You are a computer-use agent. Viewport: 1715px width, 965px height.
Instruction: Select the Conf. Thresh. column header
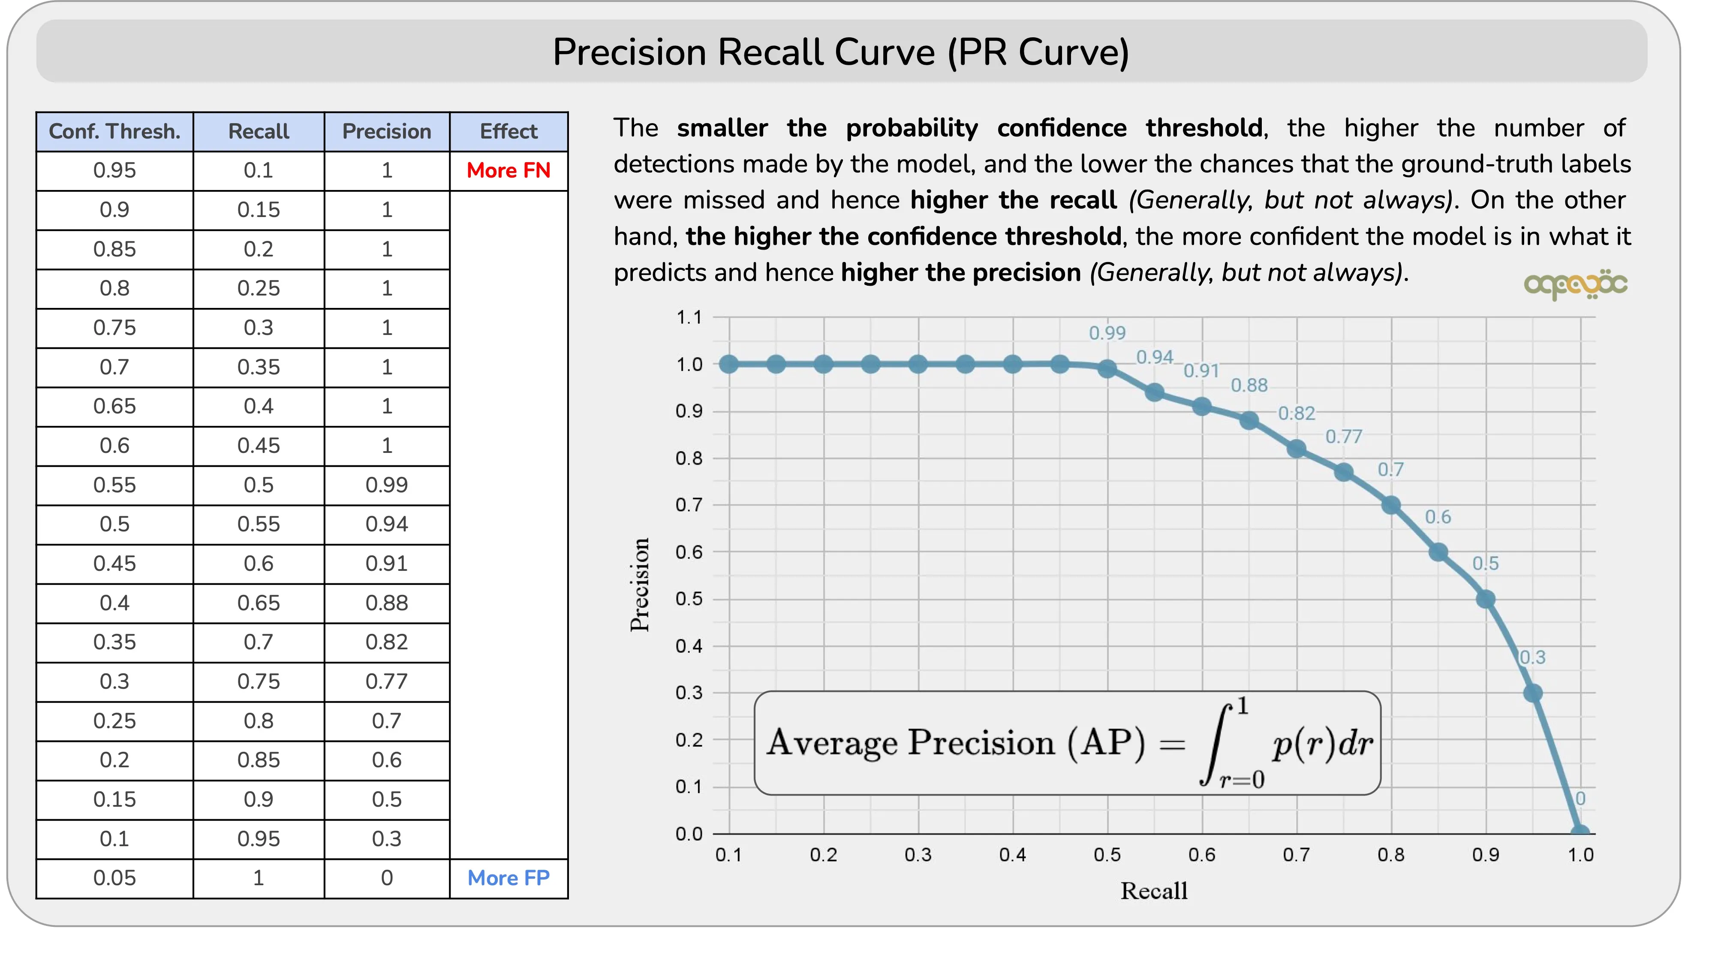[114, 131]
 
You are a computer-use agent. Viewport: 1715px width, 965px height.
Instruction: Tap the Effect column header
[508, 131]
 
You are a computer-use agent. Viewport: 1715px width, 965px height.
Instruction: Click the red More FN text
[508, 171]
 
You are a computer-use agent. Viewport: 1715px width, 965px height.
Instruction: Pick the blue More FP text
[508, 878]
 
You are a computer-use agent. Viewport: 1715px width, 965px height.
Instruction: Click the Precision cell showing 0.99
[386, 485]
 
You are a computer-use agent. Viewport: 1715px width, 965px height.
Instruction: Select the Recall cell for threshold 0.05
[258, 878]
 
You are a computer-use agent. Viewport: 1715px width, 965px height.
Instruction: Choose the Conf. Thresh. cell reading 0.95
[114, 171]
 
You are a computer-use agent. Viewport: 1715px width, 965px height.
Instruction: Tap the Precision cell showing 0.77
[386, 682]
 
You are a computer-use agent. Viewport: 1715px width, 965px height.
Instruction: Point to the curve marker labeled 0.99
[1107, 368]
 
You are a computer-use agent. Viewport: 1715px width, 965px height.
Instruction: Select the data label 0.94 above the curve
[1155, 358]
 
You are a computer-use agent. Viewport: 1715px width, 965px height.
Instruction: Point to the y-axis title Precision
[640, 585]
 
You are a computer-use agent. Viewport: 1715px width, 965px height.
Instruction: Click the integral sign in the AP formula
[1215, 744]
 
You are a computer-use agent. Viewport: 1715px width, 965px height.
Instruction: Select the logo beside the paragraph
[1575, 285]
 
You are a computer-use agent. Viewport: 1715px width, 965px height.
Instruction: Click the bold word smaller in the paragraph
[722, 128]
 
